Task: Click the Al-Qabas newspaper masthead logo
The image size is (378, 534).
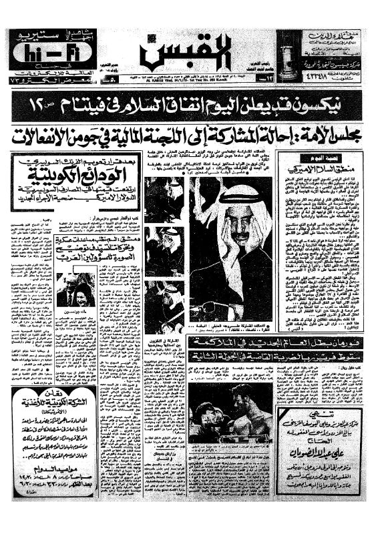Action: (189, 51)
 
